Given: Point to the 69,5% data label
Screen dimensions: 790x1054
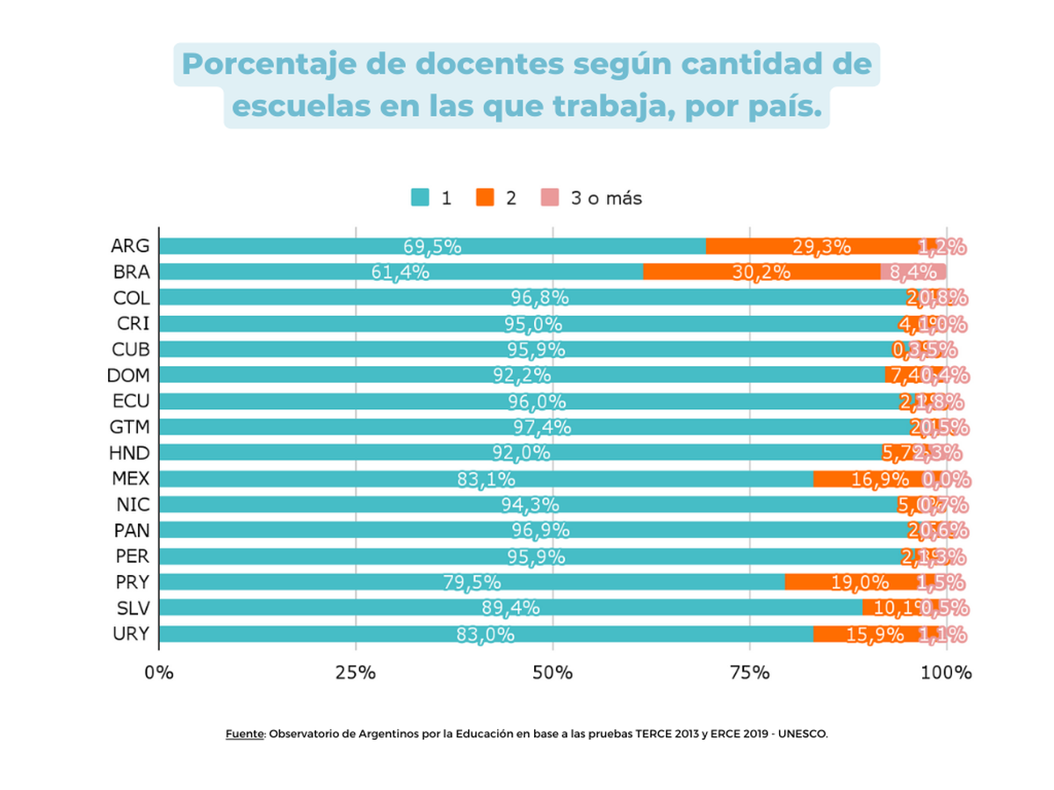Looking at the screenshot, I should click(x=432, y=247).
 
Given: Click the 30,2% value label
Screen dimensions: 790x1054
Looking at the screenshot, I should click(x=762, y=272).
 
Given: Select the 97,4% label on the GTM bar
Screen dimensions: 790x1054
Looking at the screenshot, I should click(x=542, y=427).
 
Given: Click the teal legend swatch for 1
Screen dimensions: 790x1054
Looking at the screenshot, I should click(x=421, y=198).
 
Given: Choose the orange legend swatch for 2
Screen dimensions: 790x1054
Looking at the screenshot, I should click(x=485, y=198).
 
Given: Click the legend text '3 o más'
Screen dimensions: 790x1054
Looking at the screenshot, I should click(x=606, y=198).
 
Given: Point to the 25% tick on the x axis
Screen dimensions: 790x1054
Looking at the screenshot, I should click(x=356, y=673).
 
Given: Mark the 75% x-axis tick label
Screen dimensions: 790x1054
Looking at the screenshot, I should click(x=749, y=673).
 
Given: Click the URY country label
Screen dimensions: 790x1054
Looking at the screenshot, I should click(x=132, y=634).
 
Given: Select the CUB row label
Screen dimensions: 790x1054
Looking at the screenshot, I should click(x=131, y=349).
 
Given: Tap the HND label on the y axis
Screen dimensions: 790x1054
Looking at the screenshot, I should click(x=131, y=453).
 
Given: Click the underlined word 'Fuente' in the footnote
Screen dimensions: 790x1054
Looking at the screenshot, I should click(x=245, y=734).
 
